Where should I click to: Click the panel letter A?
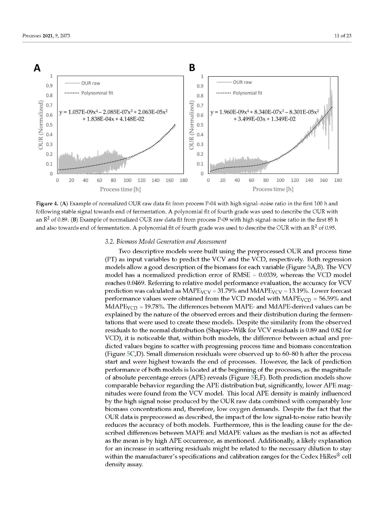coord(37,68)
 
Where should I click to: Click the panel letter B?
coord(192,68)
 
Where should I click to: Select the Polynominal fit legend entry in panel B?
coord(247,93)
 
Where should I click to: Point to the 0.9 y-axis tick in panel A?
coord(49,86)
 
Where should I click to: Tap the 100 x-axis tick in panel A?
coord(127,181)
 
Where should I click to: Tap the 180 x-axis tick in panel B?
coord(338,181)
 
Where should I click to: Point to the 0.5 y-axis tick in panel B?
coord(200,125)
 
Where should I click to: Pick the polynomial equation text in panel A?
coord(113,115)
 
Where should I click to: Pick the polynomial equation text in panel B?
coord(265,115)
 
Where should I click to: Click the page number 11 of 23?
coord(343,36)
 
